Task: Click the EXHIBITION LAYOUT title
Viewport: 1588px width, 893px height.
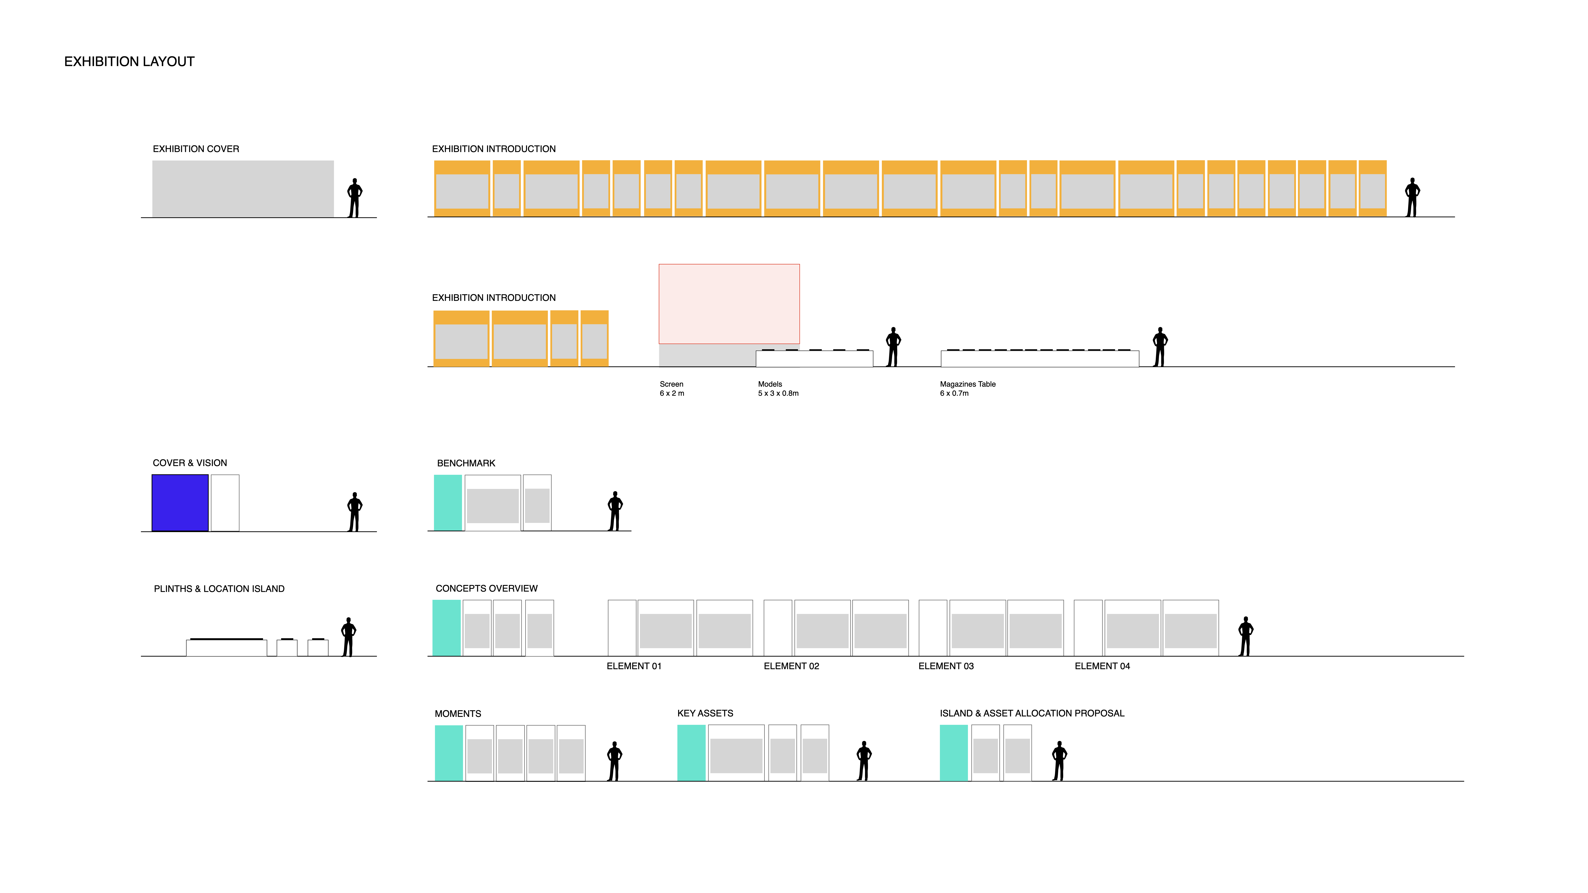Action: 130,62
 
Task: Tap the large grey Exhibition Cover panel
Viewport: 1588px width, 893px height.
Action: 243,189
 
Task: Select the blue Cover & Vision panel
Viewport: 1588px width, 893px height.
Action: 180,503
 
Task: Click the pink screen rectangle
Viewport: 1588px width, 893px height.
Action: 729,304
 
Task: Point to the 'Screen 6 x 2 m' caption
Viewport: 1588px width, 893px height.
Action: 672,389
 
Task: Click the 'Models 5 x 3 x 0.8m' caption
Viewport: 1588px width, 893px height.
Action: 778,389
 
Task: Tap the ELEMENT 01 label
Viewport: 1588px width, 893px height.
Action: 634,666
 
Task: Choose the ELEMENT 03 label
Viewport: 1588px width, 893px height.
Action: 946,666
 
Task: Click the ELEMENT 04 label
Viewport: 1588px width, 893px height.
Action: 1102,666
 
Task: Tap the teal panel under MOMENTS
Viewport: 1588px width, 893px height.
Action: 449,753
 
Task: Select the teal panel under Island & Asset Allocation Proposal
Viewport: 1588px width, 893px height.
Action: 954,753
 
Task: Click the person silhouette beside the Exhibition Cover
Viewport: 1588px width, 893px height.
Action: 355,198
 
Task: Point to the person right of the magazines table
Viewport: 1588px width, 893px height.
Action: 1160,347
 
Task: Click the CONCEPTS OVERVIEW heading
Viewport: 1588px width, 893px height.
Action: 486,589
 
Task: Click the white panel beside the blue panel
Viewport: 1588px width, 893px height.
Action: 225,503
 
